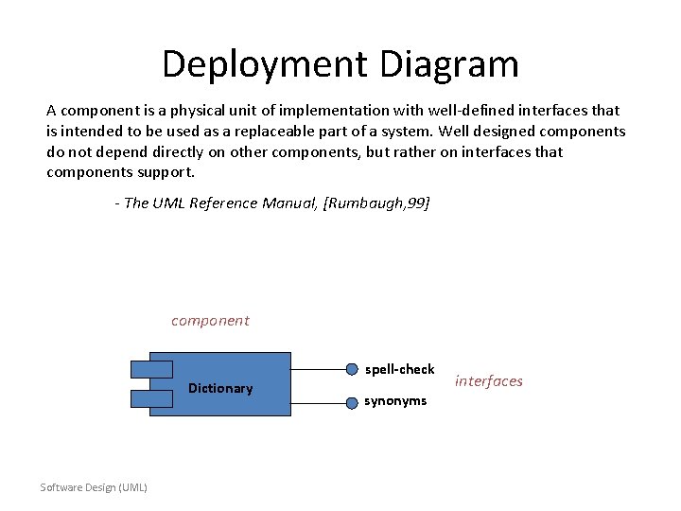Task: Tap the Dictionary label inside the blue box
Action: coord(220,388)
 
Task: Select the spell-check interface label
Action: coord(400,369)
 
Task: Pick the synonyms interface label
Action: coord(395,401)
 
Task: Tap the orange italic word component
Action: coord(210,321)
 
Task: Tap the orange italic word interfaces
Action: coord(488,381)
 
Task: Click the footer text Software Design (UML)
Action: coord(94,487)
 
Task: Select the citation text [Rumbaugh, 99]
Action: coord(376,203)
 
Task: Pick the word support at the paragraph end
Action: coord(170,172)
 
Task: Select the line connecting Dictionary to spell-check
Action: coord(318,369)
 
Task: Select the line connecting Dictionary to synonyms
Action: coord(318,401)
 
